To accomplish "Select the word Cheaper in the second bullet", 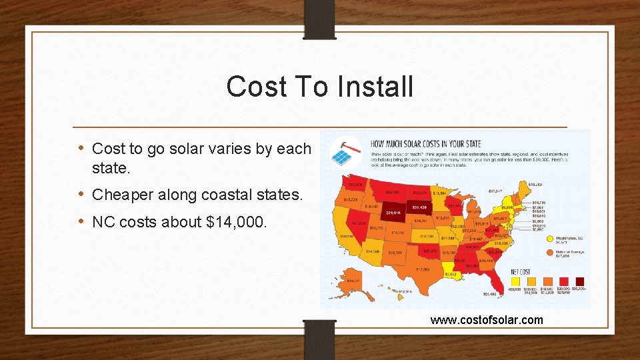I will pyautogui.click(x=121, y=195).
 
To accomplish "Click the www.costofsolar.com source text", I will pyautogui.click(x=487, y=320).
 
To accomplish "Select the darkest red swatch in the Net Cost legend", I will pyautogui.click(x=579, y=281).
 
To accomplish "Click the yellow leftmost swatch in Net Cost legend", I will pyautogui.click(x=515, y=281).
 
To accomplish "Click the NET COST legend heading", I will pyautogui.click(x=519, y=271).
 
